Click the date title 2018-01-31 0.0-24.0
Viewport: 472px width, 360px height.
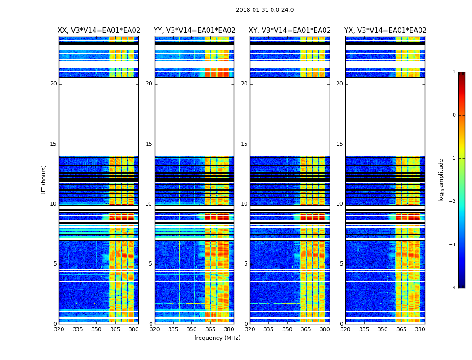click(265, 10)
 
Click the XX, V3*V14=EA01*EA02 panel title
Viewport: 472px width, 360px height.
click(99, 31)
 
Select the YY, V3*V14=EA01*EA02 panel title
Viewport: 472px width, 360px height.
click(194, 31)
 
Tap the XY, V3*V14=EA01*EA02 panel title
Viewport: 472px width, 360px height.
click(289, 31)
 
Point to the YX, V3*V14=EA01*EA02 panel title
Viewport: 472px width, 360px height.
click(385, 31)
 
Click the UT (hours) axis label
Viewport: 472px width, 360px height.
click(44, 180)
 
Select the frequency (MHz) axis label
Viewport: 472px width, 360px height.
click(217, 338)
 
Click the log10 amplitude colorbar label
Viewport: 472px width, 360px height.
click(441, 180)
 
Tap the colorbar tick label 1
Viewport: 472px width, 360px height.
click(454, 72)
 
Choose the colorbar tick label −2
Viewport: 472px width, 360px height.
click(453, 202)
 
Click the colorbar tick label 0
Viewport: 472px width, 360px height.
click(454, 115)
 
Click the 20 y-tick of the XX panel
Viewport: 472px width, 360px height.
click(53, 84)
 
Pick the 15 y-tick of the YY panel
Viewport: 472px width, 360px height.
click(149, 144)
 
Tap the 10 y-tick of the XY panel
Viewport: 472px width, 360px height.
click(244, 204)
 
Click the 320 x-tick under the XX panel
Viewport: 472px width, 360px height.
click(59, 329)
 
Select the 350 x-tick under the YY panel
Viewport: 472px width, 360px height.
click(192, 329)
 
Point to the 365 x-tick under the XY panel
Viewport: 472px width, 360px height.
click(306, 329)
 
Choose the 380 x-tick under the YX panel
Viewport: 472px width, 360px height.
click(420, 329)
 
